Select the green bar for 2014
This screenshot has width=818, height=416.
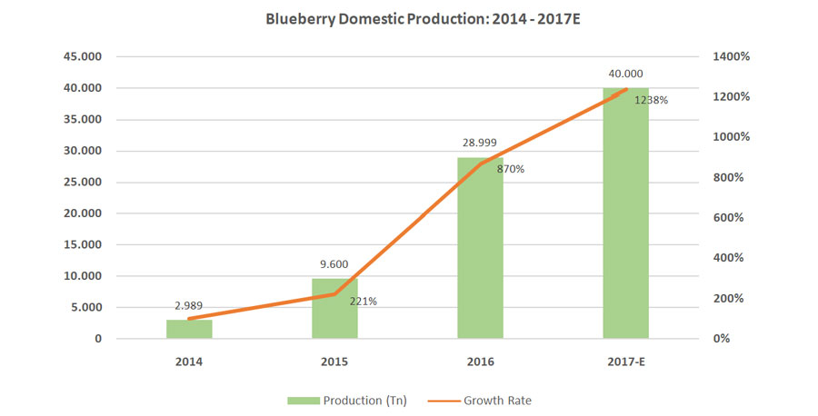[189, 330]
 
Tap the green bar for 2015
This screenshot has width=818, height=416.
[334, 309]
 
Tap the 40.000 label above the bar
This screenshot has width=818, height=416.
[625, 75]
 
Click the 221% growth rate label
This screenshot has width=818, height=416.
[363, 302]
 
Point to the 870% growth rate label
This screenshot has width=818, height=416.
[510, 168]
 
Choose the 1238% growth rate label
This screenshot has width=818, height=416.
[651, 101]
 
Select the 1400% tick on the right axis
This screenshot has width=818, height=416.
[731, 56]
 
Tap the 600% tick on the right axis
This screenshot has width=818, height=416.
[729, 218]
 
